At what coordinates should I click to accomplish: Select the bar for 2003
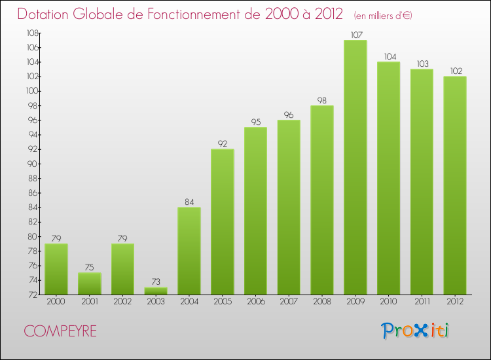coord(156,291)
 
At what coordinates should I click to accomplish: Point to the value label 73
coord(156,282)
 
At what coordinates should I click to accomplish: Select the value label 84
coord(189,202)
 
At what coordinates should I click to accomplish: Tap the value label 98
coord(321,101)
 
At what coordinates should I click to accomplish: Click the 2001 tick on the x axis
coord(90,302)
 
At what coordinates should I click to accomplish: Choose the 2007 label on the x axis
coord(289,302)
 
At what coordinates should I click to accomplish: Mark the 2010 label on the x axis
coord(388,302)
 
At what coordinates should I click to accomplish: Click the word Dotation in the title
coord(45,14)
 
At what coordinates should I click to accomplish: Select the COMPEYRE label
coord(60,331)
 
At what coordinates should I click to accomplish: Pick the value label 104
coord(388,57)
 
